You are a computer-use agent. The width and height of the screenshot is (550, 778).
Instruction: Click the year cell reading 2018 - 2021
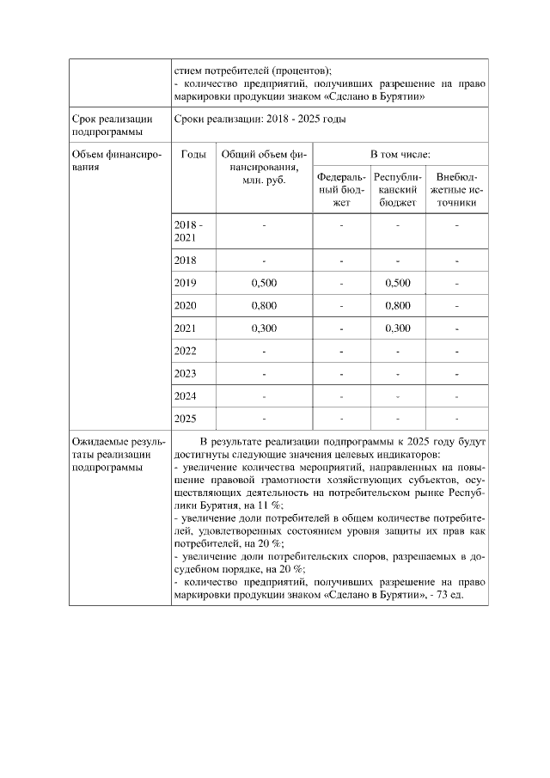186,230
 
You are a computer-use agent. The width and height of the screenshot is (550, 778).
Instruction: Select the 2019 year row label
185,283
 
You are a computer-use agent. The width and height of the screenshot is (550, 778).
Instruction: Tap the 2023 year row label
185,374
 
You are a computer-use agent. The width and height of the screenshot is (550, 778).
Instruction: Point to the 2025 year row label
185,419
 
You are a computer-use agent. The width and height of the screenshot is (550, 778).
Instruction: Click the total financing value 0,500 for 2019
264,283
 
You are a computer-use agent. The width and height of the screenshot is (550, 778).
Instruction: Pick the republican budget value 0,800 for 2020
398,305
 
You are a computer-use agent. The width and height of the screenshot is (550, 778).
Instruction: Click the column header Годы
193,154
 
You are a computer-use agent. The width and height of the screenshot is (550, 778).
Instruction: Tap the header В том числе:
400,154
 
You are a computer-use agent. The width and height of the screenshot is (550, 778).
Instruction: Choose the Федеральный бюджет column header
341,190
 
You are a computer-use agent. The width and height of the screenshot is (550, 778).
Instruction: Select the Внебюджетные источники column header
457,190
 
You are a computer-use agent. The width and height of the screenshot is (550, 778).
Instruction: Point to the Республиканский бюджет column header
398,190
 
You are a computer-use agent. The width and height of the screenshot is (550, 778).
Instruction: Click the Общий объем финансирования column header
264,167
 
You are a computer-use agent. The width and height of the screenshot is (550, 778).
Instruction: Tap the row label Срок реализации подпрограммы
107,126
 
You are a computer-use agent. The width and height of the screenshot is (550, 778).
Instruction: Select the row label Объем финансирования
112,161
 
